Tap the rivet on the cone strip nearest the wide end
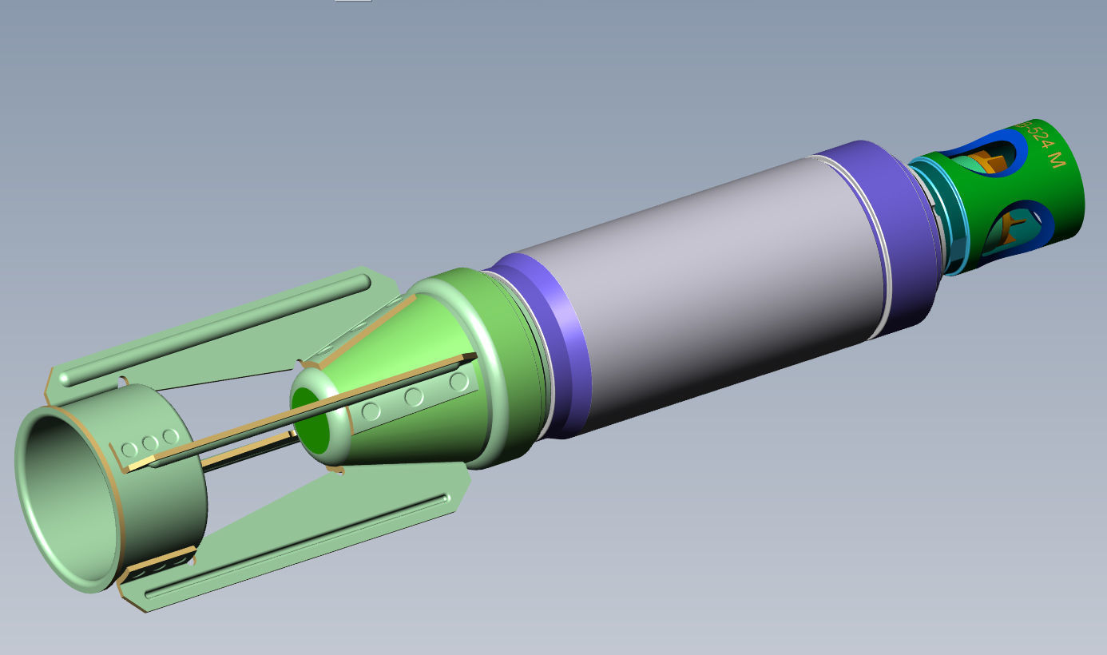[x=458, y=382]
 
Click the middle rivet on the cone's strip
[x=414, y=396]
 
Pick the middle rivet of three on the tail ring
[x=149, y=443]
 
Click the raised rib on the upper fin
[x=216, y=329]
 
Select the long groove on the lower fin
[x=296, y=545]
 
